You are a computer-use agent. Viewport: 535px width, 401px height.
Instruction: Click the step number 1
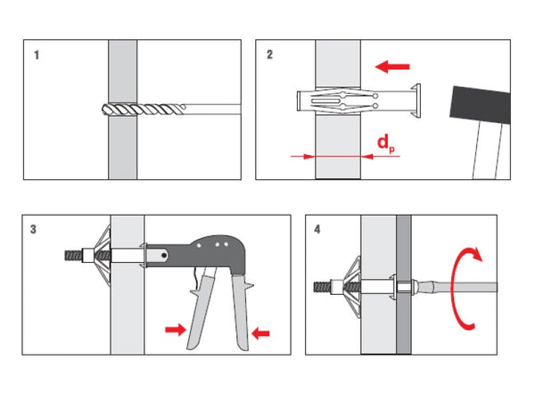coord(37,54)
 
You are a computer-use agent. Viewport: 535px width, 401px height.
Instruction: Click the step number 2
coord(270,54)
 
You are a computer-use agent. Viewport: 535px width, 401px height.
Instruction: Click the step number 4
coord(318,229)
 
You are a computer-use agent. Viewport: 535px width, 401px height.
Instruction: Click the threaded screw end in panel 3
coord(70,253)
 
